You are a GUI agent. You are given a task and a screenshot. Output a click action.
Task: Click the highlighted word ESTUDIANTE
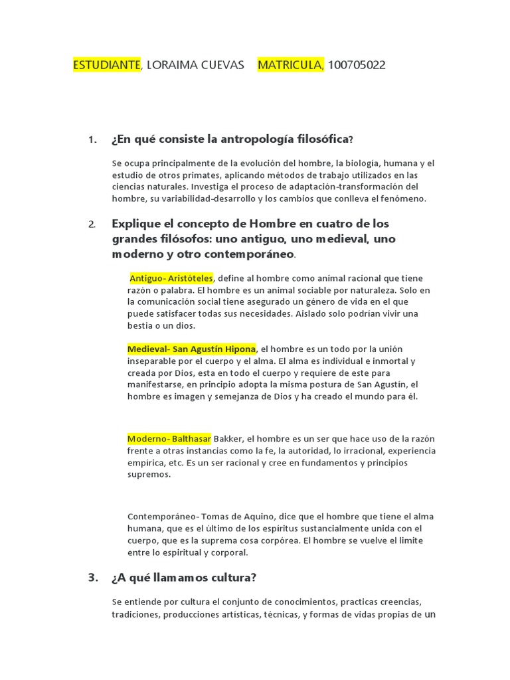pyautogui.click(x=106, y=64)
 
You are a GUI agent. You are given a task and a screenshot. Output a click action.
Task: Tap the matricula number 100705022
pyautogui.click(x=357, y=64)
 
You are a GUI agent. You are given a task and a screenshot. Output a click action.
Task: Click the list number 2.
pyautogui.click(x=92, y=224)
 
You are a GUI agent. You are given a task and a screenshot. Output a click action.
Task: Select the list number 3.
pyautogui.click(x=92, y=577)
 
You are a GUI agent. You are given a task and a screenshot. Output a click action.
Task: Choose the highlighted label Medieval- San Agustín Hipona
pyautogui.click(x=191, y=349)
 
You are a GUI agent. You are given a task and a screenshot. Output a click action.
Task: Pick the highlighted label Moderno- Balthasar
pyautogui.click(x=169, y=439)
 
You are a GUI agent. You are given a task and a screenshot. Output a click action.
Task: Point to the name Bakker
pyautogui.click(x=228, y=439)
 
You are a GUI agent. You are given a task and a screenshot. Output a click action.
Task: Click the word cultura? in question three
pyautogui.click(x=232, y=577)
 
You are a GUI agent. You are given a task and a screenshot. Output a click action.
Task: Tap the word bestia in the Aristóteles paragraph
pyautogui.click(x=141, y=325)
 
